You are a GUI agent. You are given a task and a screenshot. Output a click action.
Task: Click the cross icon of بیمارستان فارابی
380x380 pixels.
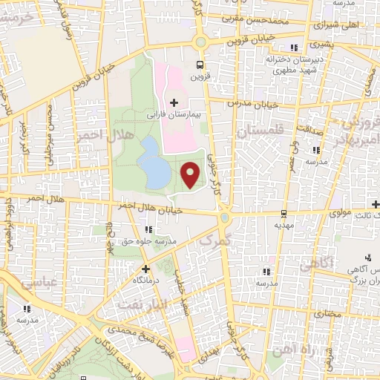pos(174,102)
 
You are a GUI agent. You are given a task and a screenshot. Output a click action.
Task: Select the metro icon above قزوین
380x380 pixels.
pos(198,65)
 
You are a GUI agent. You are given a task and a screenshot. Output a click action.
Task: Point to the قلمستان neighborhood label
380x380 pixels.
pos(261,131)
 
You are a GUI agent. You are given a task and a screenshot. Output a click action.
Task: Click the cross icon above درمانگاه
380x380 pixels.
pos(145,269)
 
